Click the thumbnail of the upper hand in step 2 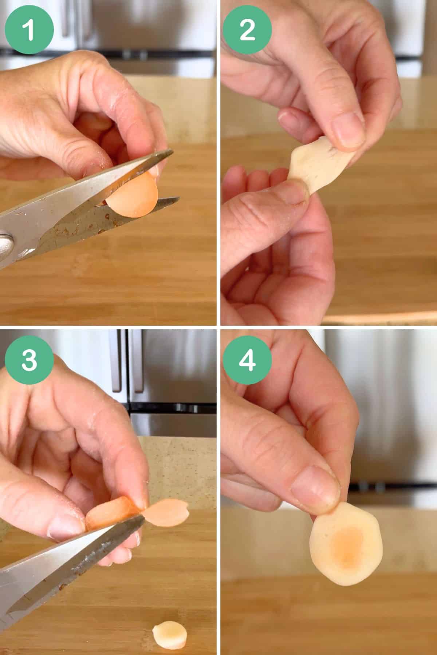click(348, 129)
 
